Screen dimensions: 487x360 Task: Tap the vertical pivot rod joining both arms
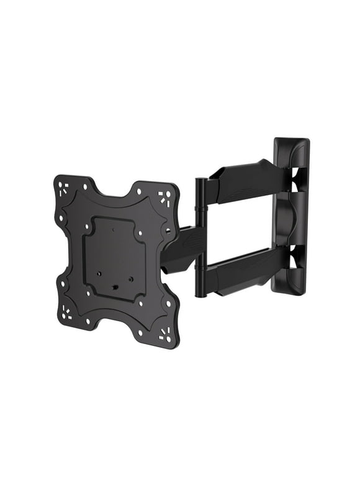click(200, 236)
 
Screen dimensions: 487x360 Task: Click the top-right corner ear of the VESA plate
click(164, 196)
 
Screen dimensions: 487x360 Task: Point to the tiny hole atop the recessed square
click(115, 229)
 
